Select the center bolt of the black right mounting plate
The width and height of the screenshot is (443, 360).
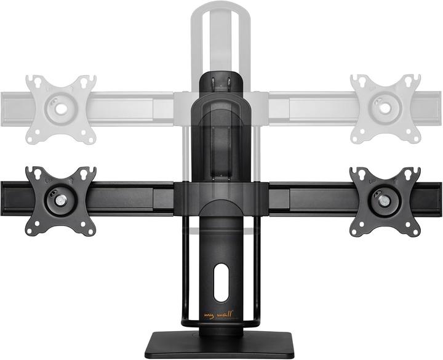click(385, 200)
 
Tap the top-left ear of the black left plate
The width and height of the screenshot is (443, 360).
click(31, 172)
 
